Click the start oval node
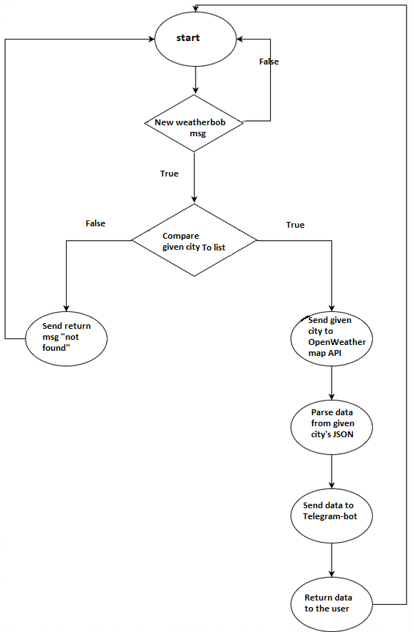[x=196, y=39]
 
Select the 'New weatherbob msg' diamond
[x=194, y=123]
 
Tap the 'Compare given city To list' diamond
[x=194, y=240]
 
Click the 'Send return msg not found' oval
[x=67, y=338]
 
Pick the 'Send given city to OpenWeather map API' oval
[x=332, y=338]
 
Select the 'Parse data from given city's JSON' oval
[x=332, y=427]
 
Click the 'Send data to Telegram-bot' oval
[x=332, y=516]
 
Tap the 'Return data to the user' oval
[x=332, y=604]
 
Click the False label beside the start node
[x=269, y=62]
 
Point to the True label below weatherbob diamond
[x=169, y=174]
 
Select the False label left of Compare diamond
[x=95, y=223]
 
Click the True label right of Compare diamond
[x=295, y=225]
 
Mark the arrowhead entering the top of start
[x=196, y=9]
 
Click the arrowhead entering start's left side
[x=152, y=39]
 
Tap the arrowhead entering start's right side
[x=239, y=39]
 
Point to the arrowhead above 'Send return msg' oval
[x=67, y=308]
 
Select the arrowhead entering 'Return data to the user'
[x=332, y=573]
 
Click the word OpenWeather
[x=337, y=342]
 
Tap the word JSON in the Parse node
[x=343, y=434]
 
